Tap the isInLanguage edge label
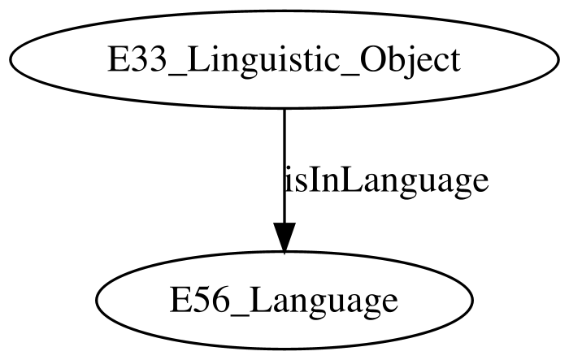[x=386, y=180]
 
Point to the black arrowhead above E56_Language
[x=284, y=238]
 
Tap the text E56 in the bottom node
[x=200, y=301]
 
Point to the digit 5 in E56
[x=199, y=301]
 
